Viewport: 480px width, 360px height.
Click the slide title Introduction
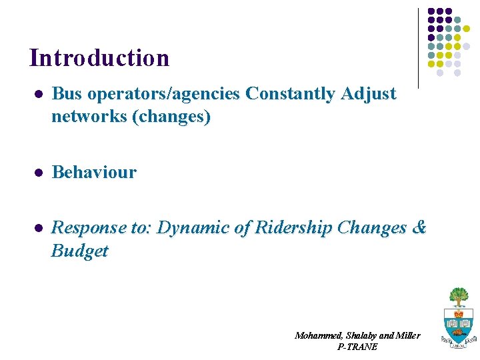[x=99, y=58]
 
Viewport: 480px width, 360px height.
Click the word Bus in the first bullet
[x=66, y=94]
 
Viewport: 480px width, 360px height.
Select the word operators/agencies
[x=163, y=94]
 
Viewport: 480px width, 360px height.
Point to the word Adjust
[x=369, y=94]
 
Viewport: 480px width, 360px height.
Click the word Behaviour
[x=94, y=173]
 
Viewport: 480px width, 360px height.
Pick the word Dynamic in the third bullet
[x=195, y=228]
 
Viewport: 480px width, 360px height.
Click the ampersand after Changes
[x=419, y=228]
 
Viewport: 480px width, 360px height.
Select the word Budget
[x=79, y=251]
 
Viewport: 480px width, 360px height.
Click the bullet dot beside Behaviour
[x=39, y=173]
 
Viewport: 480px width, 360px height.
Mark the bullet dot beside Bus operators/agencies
[x=39, y=95]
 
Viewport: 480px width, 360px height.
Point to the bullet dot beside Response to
[x=39, y=228]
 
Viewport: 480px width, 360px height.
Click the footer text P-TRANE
[x=357, y=347]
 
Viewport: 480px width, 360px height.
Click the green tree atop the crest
[x=458, y=296]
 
